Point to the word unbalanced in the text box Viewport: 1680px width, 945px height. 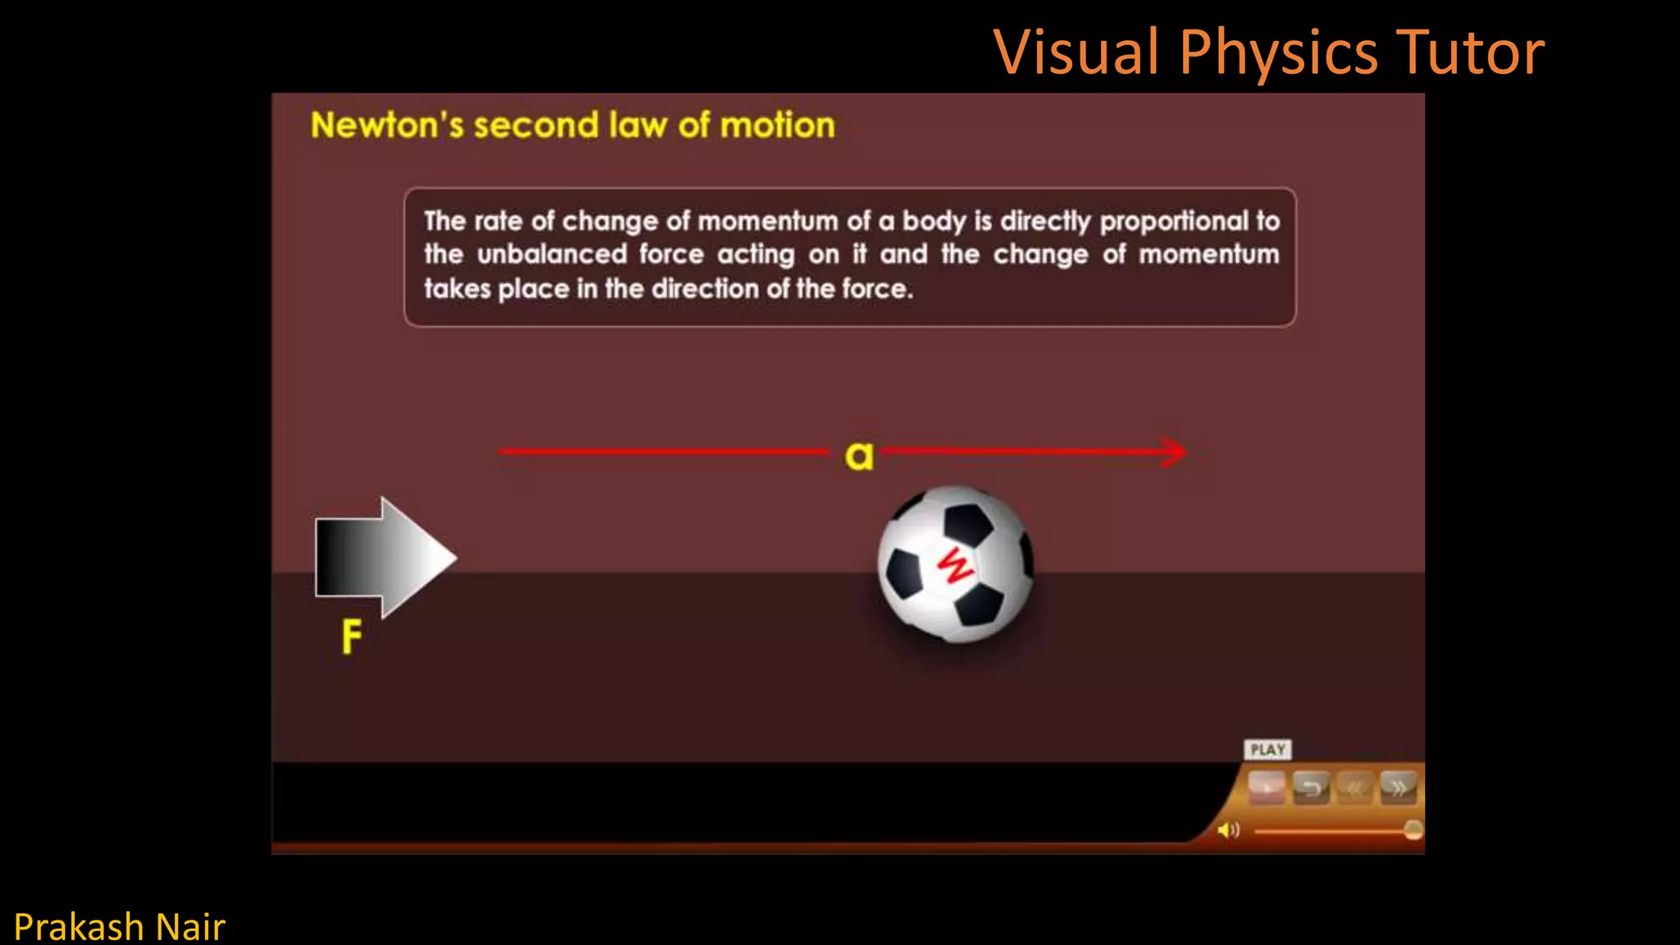552,254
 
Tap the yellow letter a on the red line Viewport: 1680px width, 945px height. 859,455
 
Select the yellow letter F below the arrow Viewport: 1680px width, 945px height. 351,637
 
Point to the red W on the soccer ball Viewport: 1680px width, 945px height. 955,566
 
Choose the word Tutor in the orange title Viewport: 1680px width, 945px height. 1470,52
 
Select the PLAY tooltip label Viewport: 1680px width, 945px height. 1267,750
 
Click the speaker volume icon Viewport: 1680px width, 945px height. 1228,831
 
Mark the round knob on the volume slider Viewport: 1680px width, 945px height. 1413,830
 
